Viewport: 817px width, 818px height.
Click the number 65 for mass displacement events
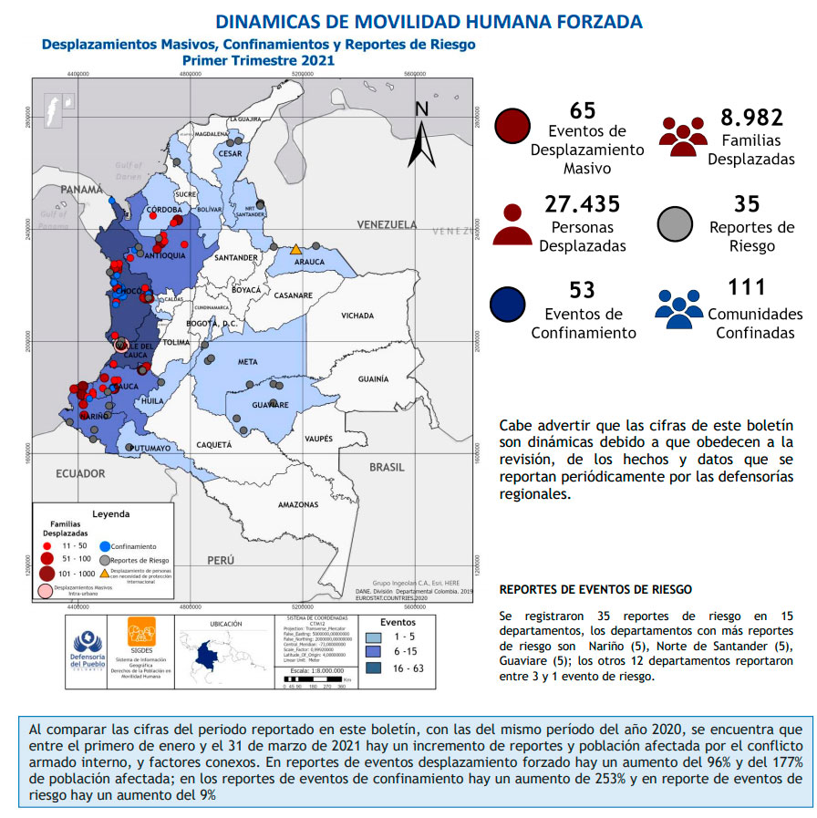[x=582, y=110]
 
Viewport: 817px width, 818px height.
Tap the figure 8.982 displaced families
[x=751, y=117]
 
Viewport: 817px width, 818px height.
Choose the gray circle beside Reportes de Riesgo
[x=678, y=223]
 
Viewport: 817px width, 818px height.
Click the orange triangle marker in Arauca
[x=295, y=249]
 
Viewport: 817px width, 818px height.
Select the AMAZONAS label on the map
[x=297, y=504]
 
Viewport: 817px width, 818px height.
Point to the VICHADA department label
[x=357, y=316]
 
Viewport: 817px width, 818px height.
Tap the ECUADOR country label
[x=80, y=473]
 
